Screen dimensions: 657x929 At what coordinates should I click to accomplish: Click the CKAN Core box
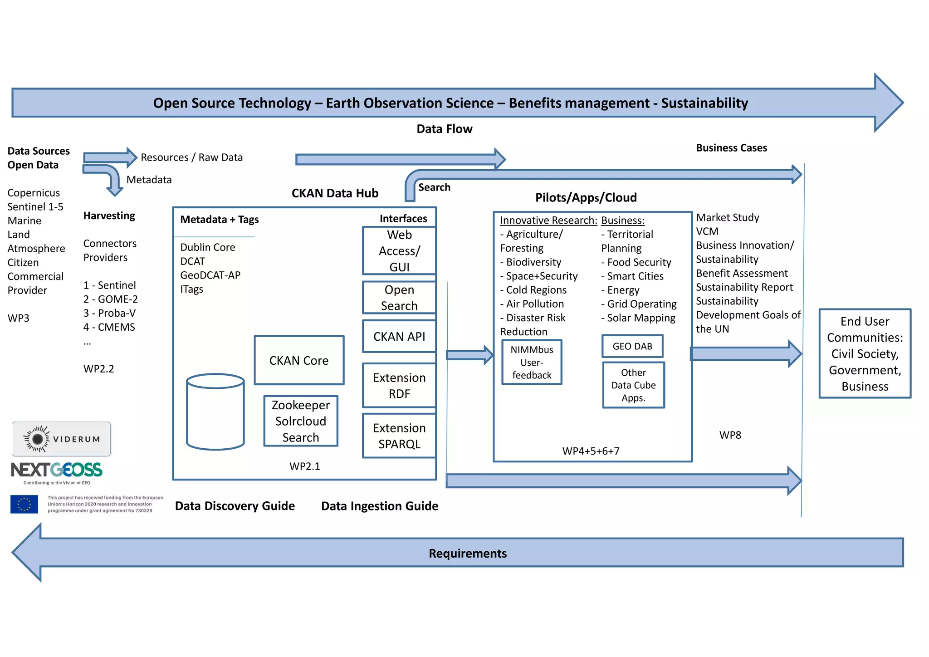299,360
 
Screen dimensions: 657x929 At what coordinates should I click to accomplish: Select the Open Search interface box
399,298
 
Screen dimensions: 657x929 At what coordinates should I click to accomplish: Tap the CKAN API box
399,336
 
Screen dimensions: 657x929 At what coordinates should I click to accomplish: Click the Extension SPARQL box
399,436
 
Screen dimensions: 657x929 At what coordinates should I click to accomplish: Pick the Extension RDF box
399,385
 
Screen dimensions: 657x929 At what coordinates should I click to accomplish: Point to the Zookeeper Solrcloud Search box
301,421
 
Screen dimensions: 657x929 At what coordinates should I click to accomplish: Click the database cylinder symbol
215,412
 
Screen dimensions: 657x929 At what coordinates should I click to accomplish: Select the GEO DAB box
632,346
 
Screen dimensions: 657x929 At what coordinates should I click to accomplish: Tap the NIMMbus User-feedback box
532,362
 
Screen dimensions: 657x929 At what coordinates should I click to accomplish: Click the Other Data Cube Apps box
633,385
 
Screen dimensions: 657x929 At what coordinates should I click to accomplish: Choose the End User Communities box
865,353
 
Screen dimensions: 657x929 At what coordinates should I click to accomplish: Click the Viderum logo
62,439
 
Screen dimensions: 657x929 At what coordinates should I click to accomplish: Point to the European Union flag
24,504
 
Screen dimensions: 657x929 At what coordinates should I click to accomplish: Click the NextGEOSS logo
57,471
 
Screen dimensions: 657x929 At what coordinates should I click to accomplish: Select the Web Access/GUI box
399,251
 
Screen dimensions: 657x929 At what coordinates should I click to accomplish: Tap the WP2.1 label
304,466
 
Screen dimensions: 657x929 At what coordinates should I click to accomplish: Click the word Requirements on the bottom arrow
467,553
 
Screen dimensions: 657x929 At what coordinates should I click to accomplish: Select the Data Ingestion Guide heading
379,506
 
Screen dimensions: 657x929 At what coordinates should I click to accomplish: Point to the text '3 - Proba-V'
109,313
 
